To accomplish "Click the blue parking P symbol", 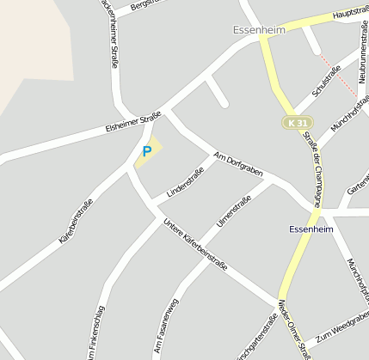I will point(146,151).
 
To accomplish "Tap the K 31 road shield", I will point(297,123).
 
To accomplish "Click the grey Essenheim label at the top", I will point(258,29).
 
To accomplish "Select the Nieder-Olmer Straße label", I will point(294,330).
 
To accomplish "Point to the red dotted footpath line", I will point(338,75).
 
